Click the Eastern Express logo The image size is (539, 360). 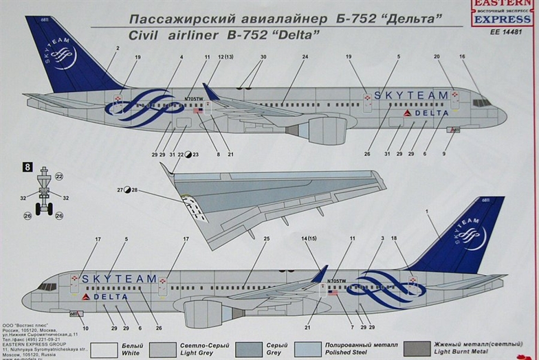[x=501, y=12]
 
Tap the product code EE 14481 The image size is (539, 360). [x=501, y=32]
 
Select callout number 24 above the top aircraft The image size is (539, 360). [x=305, y=57]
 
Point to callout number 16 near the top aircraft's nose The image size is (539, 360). [x=462, y=57]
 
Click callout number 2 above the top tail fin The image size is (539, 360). [x=118, y=48]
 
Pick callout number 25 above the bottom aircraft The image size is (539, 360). [x=265, y=239]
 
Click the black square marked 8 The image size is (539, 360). [x=27, y=166]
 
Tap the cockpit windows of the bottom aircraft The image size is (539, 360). [x=46, y=286]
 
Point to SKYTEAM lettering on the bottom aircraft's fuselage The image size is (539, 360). [x=120, y=279]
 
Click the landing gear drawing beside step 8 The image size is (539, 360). [x=44, y=192]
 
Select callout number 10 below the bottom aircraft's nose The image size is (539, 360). [x=85, y=328]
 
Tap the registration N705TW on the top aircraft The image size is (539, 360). [x=194, y=100]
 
